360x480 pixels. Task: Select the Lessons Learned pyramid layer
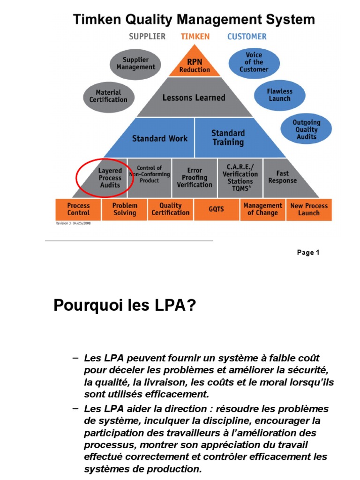tap(194, 97)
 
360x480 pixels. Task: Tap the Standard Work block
tap(159, 138)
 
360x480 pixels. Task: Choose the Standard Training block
tap(228, 137)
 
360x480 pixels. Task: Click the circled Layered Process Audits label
tap(110, 178)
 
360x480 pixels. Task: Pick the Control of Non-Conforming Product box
tap(150, 174)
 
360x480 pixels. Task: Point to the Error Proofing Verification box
tap(195, 177)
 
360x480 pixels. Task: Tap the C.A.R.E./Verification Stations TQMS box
tap(240, 177)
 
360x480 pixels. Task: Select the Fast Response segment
tap(282, 177)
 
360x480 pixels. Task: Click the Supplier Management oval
tap(135, 63)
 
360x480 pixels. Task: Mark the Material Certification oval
tap(108, 96)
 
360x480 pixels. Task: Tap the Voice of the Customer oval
tap(254, 62)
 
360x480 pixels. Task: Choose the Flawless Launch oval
tap(279, 95)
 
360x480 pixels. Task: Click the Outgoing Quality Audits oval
tap(306, 129)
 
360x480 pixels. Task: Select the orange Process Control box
tap(78, 209)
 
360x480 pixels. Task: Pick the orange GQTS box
tap(216, 209)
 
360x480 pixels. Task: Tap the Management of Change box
tap(262, 209)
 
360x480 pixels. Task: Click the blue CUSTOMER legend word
tap(247, 37)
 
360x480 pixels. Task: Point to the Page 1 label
tap(308, 253)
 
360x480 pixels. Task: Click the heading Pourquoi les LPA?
tap(125, 306)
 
